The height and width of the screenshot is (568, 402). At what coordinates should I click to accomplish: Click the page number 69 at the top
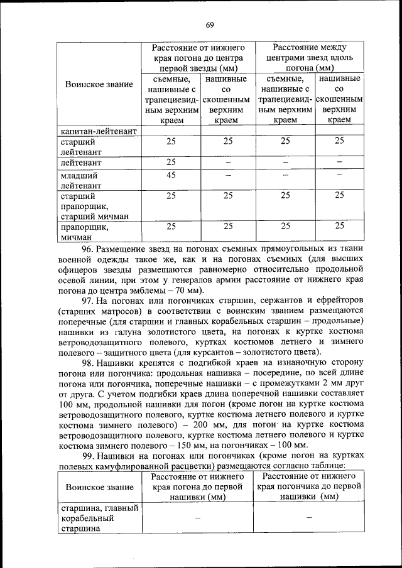tap(210, 24)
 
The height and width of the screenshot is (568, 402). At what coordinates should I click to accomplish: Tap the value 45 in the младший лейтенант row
tap(170, 175)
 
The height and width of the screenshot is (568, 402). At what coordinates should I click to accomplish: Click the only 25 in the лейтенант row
tap(170, 162)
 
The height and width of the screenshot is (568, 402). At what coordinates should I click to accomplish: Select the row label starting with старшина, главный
tap(99, 518)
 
